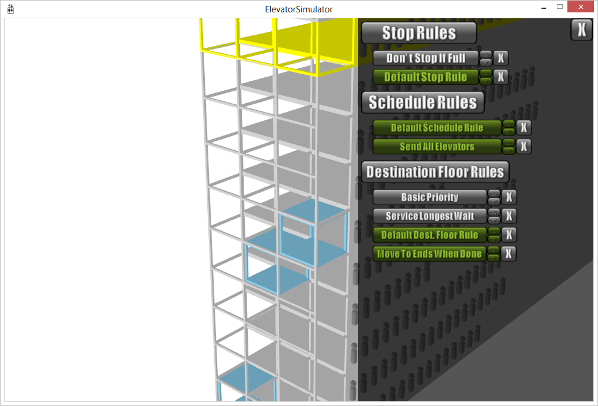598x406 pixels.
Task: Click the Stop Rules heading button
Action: (418, 33)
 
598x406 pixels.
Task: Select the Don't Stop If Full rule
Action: (426, 58)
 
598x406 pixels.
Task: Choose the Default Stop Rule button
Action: (426, 77)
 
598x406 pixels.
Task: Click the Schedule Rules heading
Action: (422, 103)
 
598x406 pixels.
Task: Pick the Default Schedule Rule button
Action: (437, 128)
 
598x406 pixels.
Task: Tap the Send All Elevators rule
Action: (437, 147)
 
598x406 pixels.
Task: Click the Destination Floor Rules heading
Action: (435, 172)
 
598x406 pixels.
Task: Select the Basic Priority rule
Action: (430, 197)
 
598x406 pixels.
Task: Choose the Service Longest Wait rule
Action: (430, 216)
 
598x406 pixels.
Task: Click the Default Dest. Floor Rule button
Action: (430, 235)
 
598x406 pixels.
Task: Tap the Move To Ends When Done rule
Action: (430, 254)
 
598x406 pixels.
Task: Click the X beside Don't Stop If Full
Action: (500, 58)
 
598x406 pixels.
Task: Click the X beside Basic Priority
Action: (509, 197)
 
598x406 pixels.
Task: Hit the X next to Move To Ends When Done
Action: (509, 254)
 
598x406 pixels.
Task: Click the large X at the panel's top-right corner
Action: (582, 30)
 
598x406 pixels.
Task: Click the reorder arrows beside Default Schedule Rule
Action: (509, 128)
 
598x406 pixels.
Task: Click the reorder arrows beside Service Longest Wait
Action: (494, 216)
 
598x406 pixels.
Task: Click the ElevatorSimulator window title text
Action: (298, 9)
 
